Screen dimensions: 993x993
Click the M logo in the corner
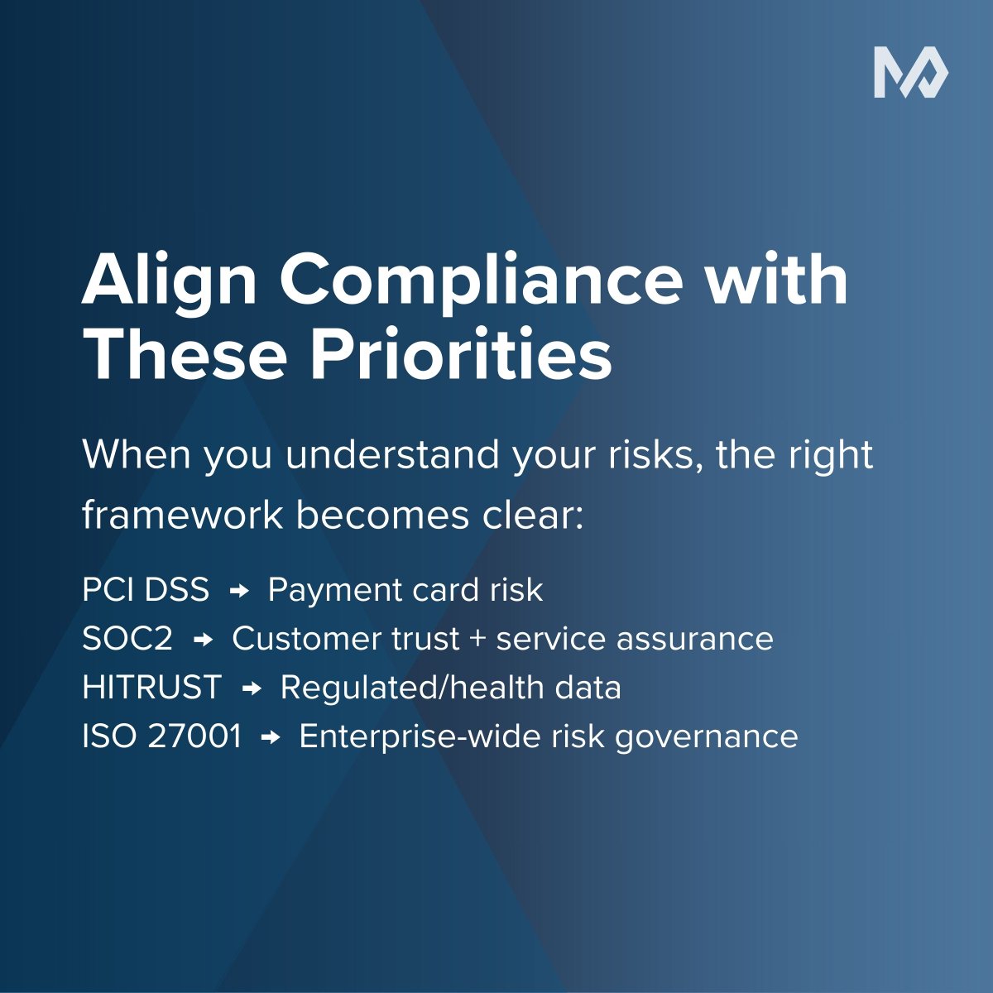911,74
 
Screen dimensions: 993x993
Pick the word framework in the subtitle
182,516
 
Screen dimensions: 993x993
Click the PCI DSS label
146,590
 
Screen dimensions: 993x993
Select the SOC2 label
127,639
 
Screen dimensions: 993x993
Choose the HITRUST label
152,688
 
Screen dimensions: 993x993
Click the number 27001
195,736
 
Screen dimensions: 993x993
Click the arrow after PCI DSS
239,591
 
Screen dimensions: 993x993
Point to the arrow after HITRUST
252,688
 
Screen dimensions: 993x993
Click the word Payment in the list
328,590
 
